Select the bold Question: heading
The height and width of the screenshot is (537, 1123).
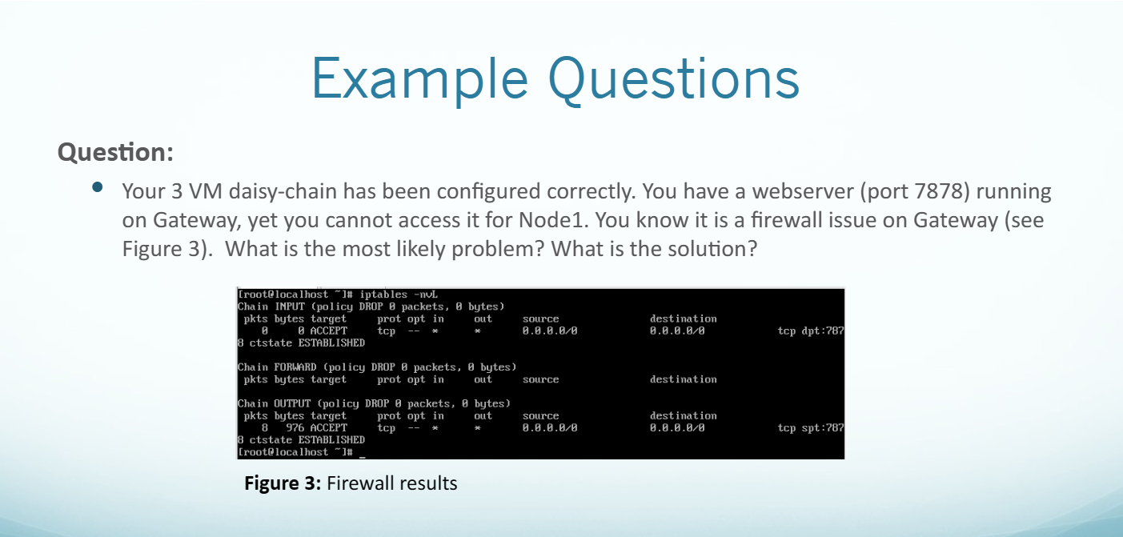tap(115, 151)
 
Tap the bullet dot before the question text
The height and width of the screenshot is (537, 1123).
tap(98, 188)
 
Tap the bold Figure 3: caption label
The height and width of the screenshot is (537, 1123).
tap(283, 483)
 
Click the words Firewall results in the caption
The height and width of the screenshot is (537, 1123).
tap(392, 483)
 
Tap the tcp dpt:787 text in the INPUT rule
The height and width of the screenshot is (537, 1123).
tap(810, 330)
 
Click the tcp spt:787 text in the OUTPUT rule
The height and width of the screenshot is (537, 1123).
tap(810, 427)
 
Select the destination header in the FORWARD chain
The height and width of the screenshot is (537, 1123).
tap(683, 379)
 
